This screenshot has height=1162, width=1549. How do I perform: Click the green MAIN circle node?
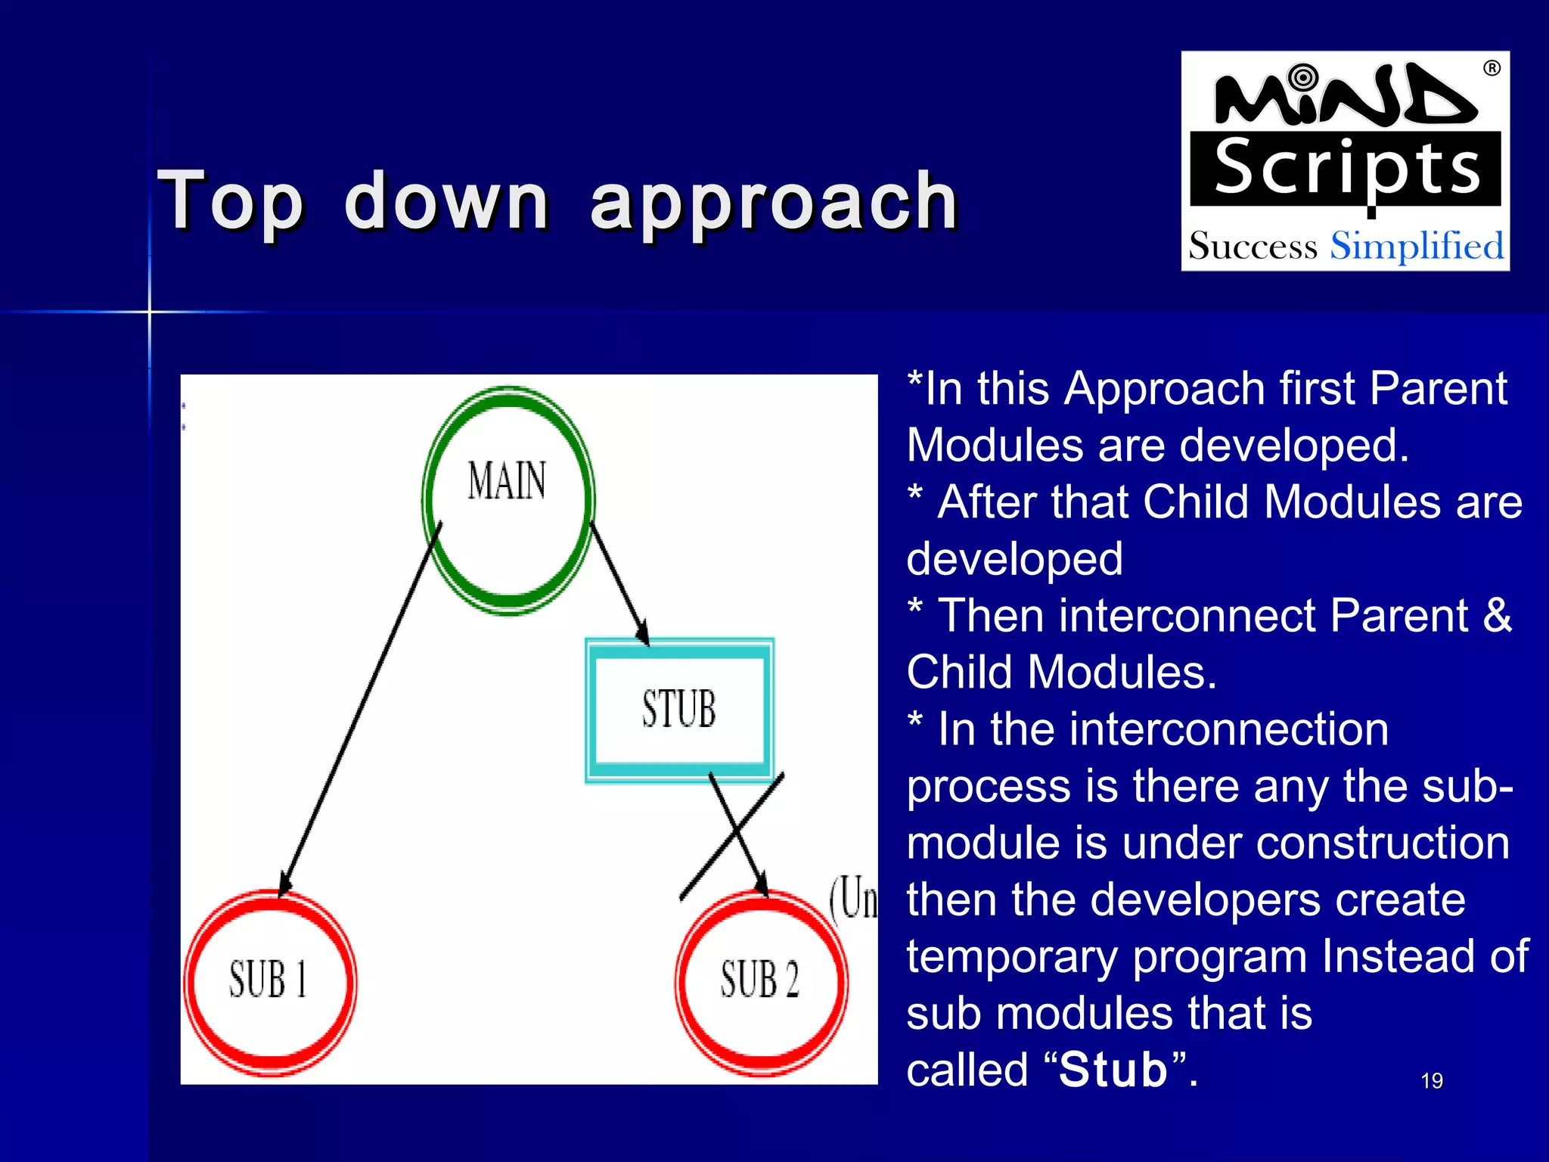pyautogui.click(x=508, y=500)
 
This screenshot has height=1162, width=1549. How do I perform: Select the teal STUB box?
pyautogui.click(x=679, y=710)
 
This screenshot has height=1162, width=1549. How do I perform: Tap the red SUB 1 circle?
pyautogui.click(x=269, y=982)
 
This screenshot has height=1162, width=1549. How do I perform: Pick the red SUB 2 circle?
pyautogui.click(x=761, y=982)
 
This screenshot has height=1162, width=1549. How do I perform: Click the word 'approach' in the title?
pyautogui.click(x=773, y=201)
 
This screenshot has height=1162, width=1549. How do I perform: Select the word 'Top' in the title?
pyautogui.click(x=231, y=200)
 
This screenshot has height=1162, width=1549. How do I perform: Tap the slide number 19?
pyautogui.click(x=1431, y=1081)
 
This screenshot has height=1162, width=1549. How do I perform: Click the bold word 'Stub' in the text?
pyautogui.click(x=1113, y=1070)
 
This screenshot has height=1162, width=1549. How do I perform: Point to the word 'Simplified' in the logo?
pyautogui.click(x=1417, y=247)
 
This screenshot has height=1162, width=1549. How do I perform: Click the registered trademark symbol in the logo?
pyautogui.click(x=1492, y=68)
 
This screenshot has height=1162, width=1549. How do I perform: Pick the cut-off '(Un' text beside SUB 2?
pyautogui.click(x=853, y=899)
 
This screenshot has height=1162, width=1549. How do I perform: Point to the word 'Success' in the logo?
pyautogui.click(x=1253, y=247)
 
